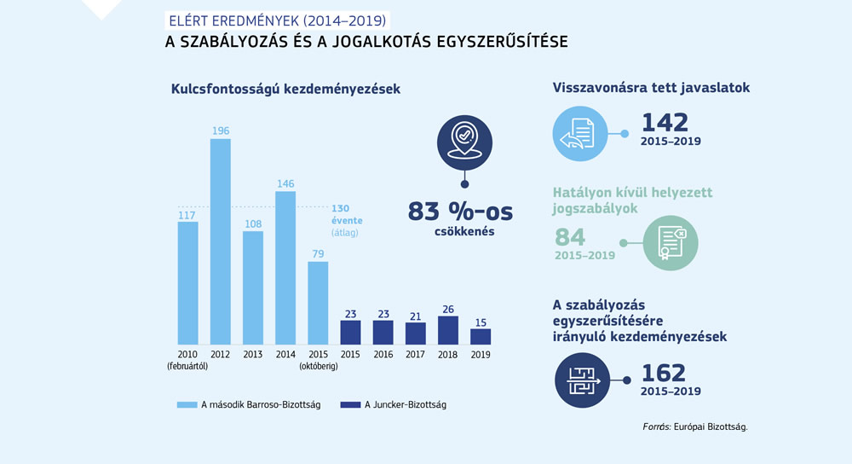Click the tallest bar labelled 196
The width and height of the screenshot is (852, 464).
point(221,241)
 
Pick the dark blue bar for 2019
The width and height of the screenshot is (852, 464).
point(481,336)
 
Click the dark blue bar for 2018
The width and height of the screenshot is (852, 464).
point(448,330)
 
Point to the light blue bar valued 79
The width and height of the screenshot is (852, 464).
point(318,302)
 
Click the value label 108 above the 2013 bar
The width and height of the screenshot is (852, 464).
point(253,223)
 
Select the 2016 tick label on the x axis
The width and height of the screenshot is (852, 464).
point(383,354)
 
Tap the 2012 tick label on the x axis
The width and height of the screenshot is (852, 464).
point(221,354)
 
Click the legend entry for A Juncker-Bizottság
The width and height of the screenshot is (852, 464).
point(393,405)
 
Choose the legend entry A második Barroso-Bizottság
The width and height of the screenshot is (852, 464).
point(248,405)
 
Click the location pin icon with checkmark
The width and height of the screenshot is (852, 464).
point(463,140)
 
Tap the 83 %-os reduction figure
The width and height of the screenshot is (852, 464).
point(464,211)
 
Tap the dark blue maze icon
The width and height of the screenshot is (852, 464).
point(582,379)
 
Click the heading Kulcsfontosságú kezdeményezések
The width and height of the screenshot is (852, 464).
point(285,89)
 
